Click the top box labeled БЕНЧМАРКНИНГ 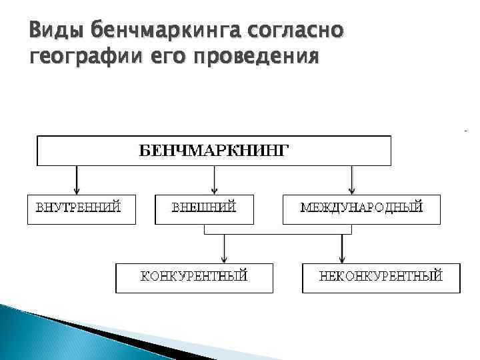tap(213, 150)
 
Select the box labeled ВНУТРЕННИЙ tap(80, 209)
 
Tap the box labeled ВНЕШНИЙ tap(204, 209)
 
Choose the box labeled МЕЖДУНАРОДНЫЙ tap(361, 209)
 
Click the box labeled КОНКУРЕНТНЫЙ tap(194, 278)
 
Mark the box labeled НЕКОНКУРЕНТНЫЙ tap(381, 278)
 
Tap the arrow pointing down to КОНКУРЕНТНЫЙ tap(224, 249)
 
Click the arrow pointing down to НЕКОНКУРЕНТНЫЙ tap(342, 249)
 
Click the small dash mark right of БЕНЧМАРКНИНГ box tap(465, 130)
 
